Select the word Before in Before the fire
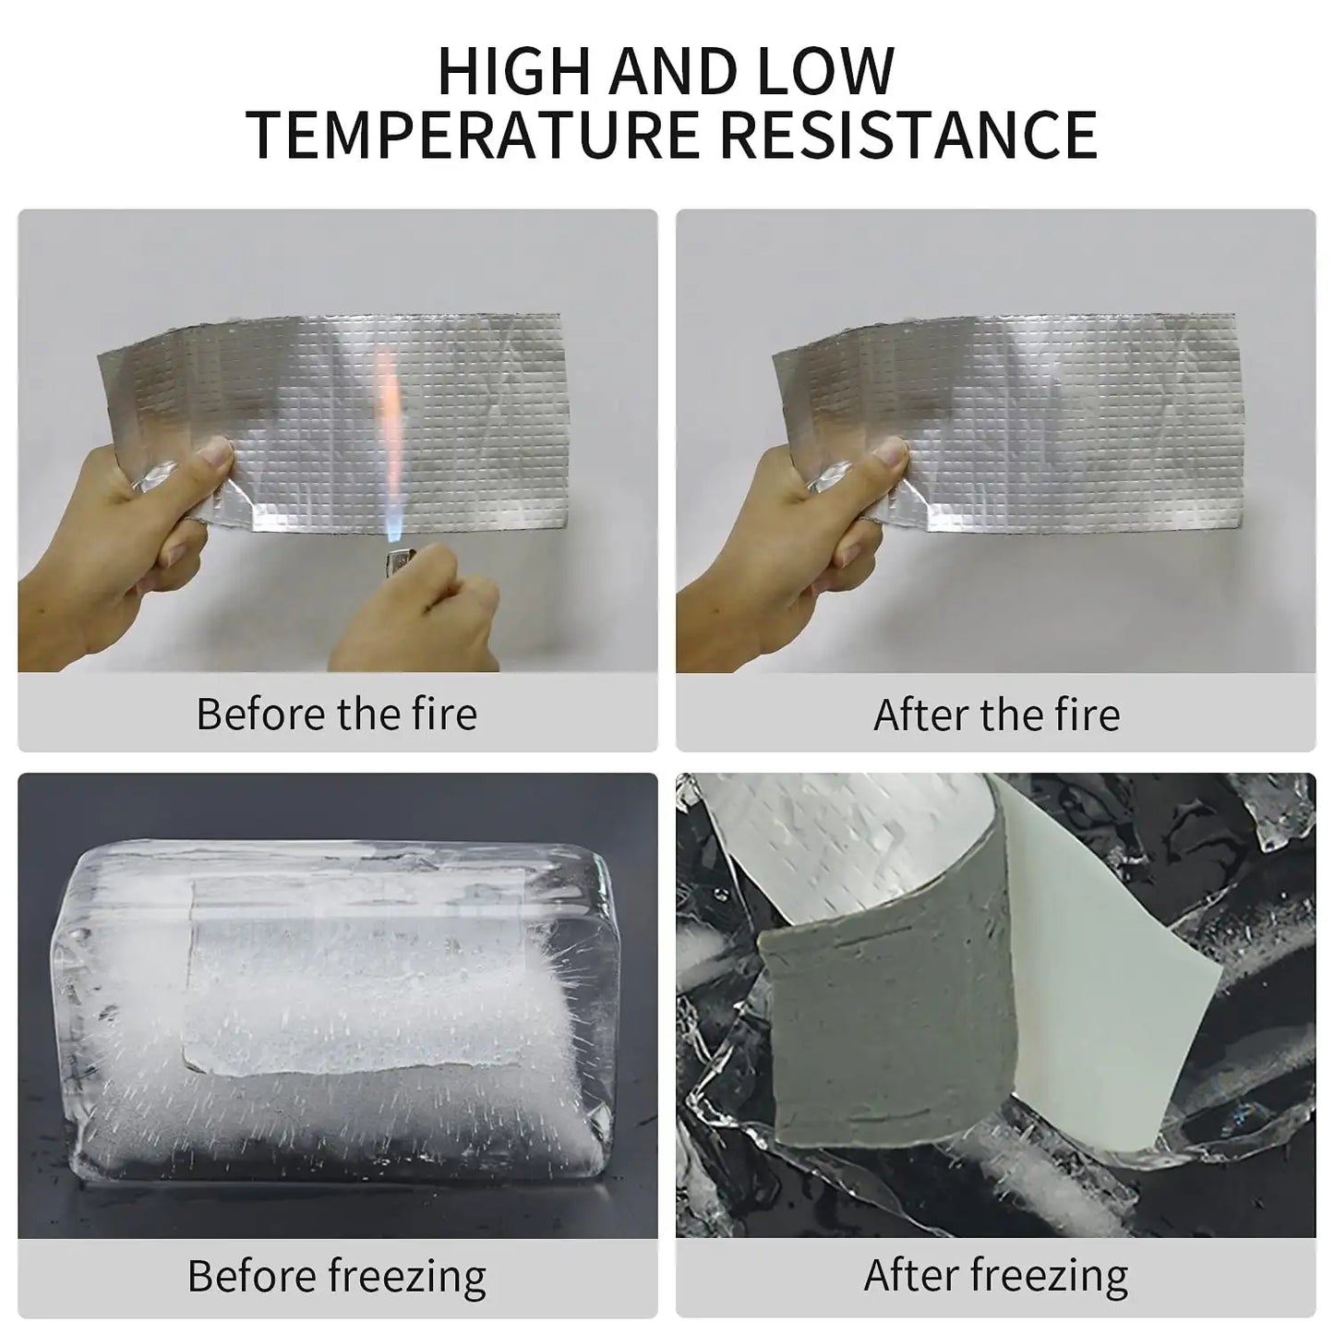(x=259, y=714)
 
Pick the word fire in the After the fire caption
(x=1084, y=714)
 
